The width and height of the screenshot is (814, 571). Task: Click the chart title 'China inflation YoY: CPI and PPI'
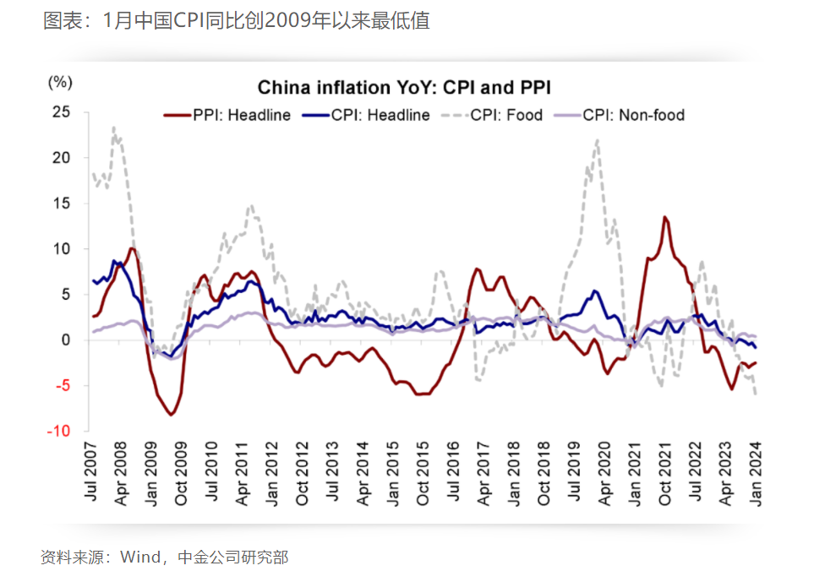(404, 88)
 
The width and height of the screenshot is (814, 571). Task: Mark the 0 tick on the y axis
(64, 340)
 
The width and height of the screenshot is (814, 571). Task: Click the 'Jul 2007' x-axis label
(92, 470)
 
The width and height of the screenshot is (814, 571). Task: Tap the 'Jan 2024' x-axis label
(755, 470)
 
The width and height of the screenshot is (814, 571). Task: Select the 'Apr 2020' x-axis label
(604, 470)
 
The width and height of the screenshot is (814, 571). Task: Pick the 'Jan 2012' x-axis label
(273, 470)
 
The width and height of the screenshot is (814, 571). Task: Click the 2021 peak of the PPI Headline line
(665, 217)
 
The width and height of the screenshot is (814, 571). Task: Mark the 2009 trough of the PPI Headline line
(172, 415)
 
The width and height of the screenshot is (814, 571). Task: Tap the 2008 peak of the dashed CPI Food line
(113, 128)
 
